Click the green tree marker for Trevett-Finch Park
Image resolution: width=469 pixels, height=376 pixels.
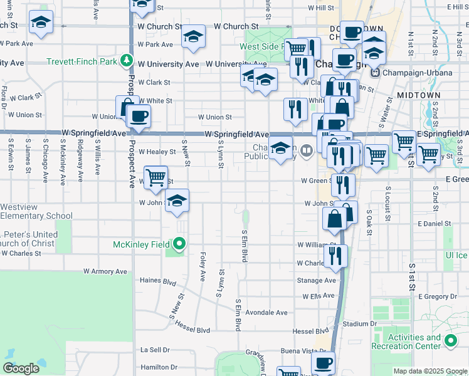coord(127,61)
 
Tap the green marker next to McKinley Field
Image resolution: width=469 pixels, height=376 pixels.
coord(180,244)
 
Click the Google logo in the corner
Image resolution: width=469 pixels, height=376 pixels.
coord(21,368)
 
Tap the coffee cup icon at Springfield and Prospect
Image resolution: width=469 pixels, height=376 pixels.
coord(139,117)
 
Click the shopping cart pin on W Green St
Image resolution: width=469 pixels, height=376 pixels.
coord(155,178)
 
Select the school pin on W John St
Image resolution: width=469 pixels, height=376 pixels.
coord(177,201)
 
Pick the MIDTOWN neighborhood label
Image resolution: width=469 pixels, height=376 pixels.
coord(418,95)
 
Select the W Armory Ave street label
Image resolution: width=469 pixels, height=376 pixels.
coord(105,271)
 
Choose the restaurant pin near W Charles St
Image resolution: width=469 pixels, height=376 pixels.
coord(335,256)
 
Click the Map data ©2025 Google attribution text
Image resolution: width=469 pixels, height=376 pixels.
coord(430,371)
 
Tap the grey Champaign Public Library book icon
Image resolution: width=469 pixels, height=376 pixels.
coord(306,150)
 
